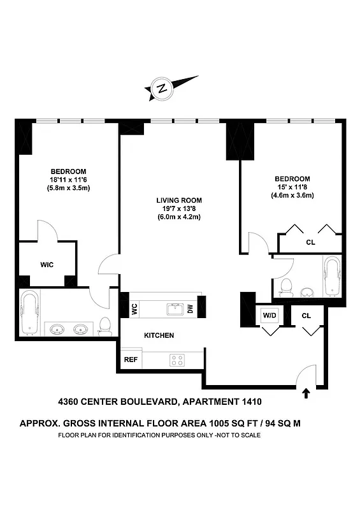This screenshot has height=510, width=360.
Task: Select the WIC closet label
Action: point(47,264)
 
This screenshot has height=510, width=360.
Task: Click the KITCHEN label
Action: point(159,335)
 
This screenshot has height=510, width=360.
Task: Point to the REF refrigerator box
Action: point(131,360)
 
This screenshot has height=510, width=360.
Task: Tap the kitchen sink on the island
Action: point(175,309)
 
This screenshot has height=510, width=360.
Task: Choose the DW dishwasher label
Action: point(190,309)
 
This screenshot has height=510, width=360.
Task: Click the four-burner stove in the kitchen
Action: point(176,360)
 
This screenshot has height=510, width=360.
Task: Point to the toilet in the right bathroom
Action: point(286,288)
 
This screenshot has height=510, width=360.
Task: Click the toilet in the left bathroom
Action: point(106,326)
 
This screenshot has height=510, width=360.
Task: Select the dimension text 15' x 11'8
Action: point(292,187)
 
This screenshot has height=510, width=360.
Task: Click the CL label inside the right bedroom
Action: point(310,242)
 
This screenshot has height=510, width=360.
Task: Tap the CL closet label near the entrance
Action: point(306,315)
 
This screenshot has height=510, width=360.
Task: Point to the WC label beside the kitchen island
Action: point(134,309)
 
